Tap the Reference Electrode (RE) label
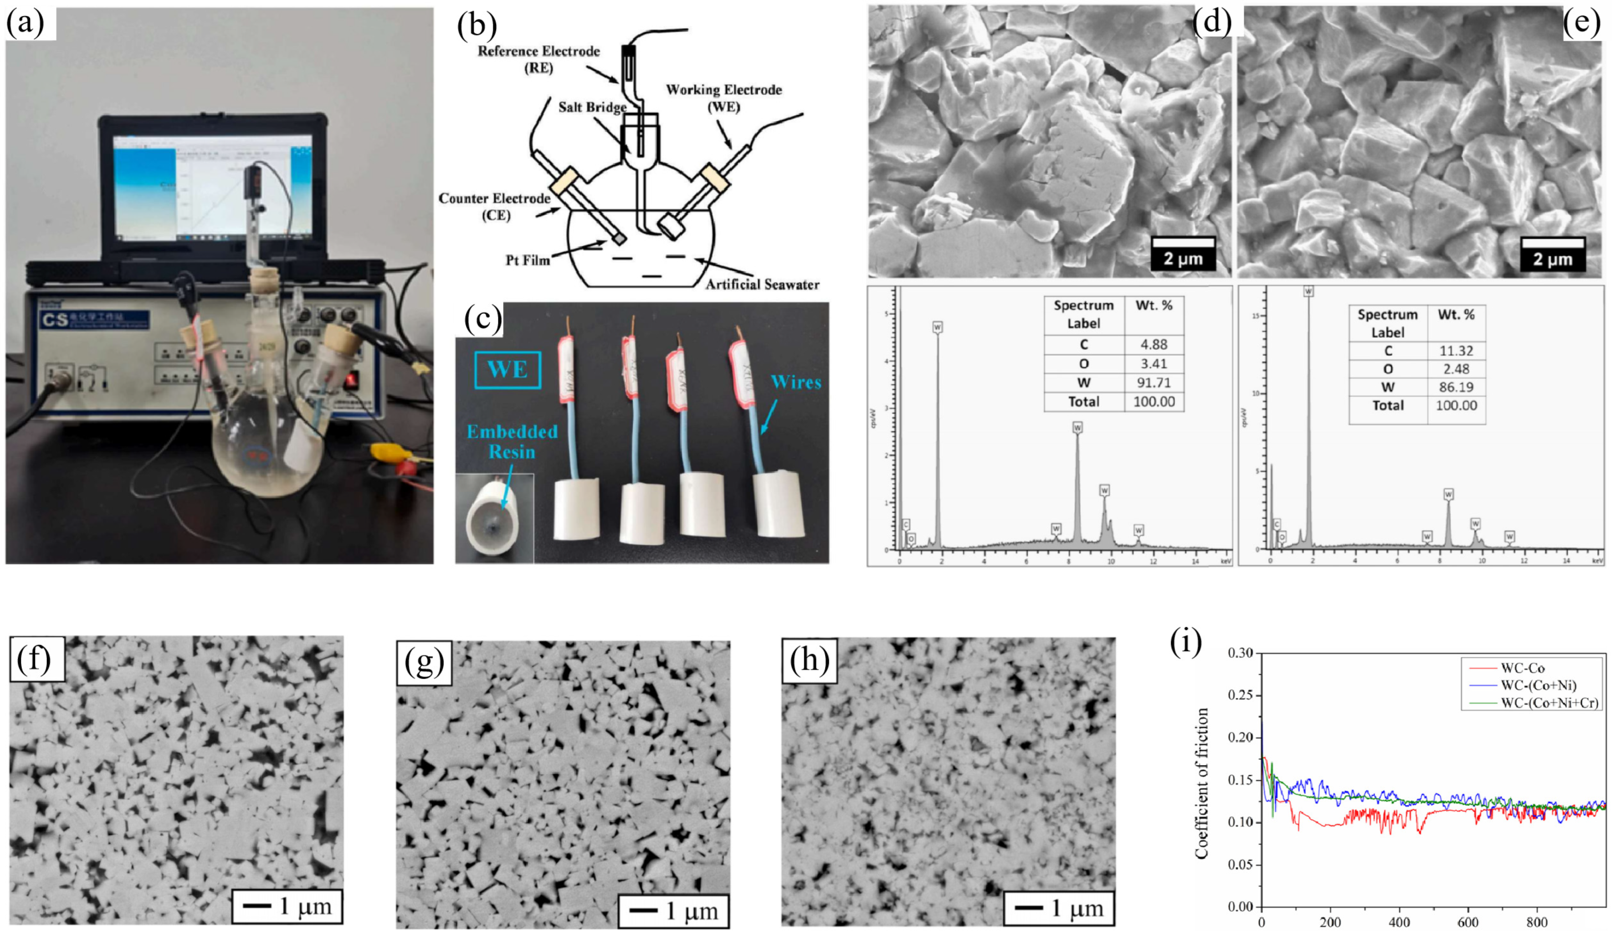click(x=538, y=59)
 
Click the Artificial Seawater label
click(x=762, y=284)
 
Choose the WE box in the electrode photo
click(x=507, y=370)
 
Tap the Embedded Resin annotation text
click(x=512, y=441)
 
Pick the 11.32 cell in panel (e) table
click(x=1456, y=350)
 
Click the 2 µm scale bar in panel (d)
click(x=1183, y=253)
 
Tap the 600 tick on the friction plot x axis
click(x=1468, y=922)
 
